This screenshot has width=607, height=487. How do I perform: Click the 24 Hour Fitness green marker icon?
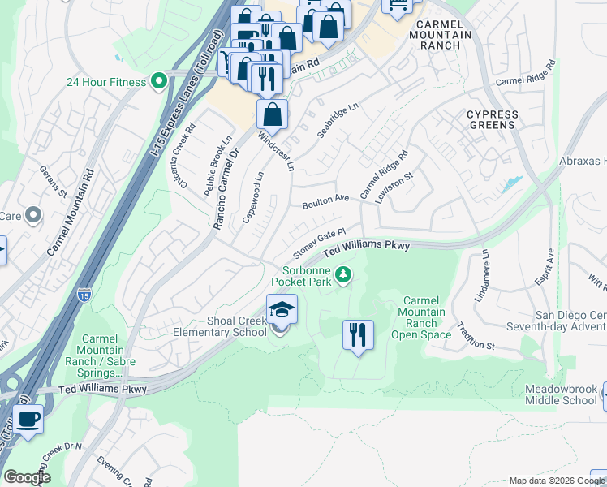[x=158, y=81]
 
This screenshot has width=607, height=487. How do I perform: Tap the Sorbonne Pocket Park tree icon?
[x=344, y=276]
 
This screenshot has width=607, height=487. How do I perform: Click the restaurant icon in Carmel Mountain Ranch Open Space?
[x=358, y=334]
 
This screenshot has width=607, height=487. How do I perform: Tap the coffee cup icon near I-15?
[x=28, y=420]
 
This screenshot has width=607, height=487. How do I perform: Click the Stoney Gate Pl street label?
[x=320, y=240]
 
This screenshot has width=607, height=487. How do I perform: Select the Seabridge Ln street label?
[x=338, y=121]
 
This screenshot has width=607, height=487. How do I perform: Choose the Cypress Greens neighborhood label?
[x=492, y=120]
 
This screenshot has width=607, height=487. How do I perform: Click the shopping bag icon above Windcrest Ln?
[x=273, y=114]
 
